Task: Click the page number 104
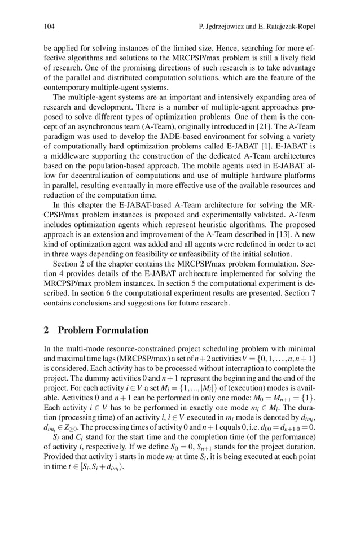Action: [50, 26]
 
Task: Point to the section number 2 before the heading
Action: [47, 330]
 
